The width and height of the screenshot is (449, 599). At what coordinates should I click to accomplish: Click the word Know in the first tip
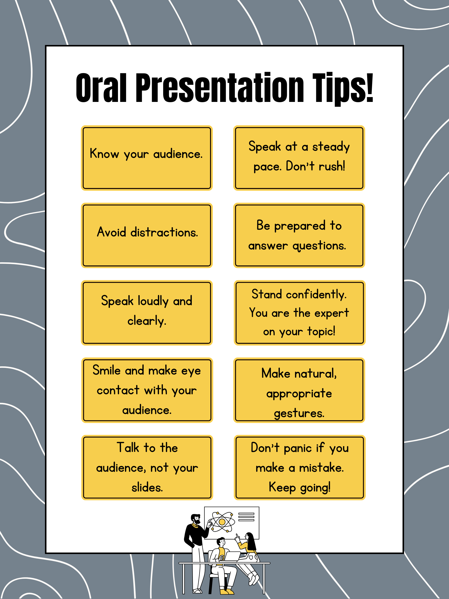104,154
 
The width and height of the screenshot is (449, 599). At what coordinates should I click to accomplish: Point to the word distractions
164,232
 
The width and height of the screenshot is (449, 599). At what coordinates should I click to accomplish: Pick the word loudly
153,301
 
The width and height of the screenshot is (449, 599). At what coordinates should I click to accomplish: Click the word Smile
106,370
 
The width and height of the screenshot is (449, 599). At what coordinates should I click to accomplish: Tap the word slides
147,488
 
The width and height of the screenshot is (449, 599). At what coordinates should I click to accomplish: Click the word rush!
332,166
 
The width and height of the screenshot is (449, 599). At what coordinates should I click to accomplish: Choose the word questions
319,246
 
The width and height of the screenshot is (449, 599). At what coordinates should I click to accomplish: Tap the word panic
298,448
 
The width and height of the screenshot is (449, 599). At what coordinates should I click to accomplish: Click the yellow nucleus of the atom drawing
222,522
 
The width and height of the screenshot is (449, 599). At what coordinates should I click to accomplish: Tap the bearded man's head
196,519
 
